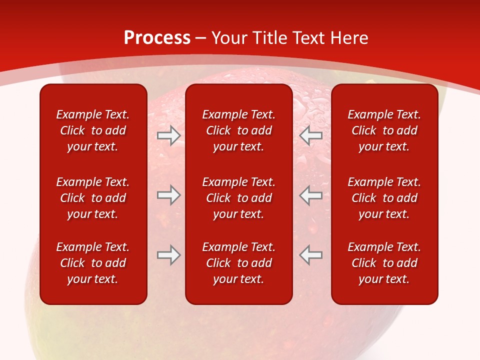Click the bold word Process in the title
click(x=157, y=38)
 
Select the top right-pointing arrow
click(x=168, y=135)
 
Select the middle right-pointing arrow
click(x=168, y=195)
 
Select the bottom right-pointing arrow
click(x=168, y=255)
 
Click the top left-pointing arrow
click(x=311, y=135)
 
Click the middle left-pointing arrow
click(x=311, y=195)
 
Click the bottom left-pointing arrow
click(x=311, y=255)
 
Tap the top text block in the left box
click(x=93, y=130)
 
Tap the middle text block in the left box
click(x=93, y=198)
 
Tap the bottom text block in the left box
click(x=93, y=263)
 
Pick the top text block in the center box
click(x=239, y=130)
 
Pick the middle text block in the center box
click(x=239, y=198)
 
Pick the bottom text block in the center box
click(x=239, y=263)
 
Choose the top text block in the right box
click(x=384, y=130)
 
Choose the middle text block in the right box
click(x=384, y=198)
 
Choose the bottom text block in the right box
click(x=384, y=263)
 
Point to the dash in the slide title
click(x=201, y=38)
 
